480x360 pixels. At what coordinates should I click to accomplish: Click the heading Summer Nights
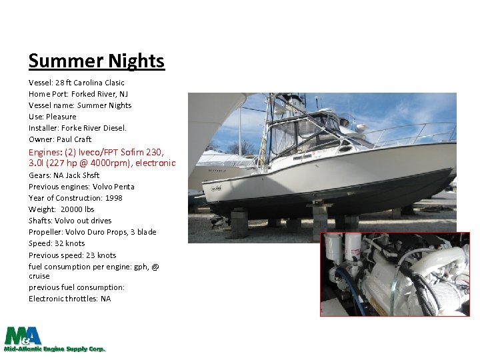point(96,61)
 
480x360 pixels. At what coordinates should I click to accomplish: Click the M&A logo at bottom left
point(23,335)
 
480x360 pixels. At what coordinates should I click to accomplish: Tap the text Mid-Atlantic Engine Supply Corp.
point(55,349)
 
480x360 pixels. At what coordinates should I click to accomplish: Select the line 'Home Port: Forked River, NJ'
point(78,94)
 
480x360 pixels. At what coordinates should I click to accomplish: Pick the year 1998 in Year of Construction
point(113,198)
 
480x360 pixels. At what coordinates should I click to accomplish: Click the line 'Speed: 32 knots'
point(57,243)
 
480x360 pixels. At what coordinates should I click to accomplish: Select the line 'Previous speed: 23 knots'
point(72,255)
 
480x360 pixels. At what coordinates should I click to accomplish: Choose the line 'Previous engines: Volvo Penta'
point(81,187)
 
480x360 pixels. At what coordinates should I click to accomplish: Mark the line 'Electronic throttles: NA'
point(69,299)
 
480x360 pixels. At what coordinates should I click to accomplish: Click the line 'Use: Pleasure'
point(53,117)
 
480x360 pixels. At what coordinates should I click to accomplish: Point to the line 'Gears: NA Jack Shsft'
point(64,175)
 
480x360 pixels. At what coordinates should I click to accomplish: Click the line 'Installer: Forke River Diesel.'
point(77,128)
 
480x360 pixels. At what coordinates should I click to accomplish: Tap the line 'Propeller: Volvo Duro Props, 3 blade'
point(92,232)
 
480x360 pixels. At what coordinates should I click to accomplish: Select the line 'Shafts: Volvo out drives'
point(70,221)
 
